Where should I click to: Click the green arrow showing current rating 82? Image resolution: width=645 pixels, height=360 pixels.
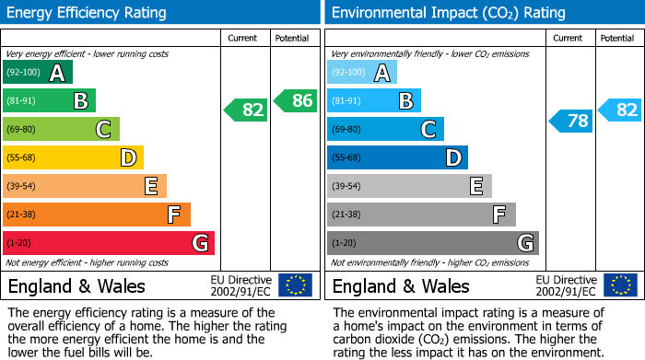[x=246, y=110]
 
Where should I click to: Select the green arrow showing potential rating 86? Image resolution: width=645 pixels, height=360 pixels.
[x=296, y=101]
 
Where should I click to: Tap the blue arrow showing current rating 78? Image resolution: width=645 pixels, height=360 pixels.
[x=571, y=121]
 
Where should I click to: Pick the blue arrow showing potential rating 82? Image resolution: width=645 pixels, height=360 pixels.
[x=620, y=110]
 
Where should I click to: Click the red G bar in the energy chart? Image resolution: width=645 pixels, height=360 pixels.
[x=109, y=243]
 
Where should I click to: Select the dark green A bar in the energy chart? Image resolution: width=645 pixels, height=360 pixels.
[x=38, y=73]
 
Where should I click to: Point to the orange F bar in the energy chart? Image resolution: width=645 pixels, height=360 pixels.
[x=97, y=215]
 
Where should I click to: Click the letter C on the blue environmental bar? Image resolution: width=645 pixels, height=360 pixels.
[x=428, y=130]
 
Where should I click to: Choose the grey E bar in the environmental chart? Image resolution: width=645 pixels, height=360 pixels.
[x=409, y=187]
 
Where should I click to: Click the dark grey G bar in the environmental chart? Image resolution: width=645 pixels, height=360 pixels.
[x=433, y=243]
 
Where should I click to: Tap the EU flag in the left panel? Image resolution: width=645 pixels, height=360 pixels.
[x=295, y=285]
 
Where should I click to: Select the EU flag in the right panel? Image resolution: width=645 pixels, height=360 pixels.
[x=619, y=285]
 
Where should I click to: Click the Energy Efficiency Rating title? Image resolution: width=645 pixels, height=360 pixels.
[x=88, y=13]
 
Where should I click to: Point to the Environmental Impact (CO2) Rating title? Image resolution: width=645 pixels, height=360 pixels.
[x=448, y=13]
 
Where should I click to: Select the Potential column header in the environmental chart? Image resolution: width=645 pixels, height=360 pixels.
[x=617, y=38]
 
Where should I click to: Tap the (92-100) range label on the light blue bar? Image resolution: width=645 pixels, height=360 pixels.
[x=348, y=73]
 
